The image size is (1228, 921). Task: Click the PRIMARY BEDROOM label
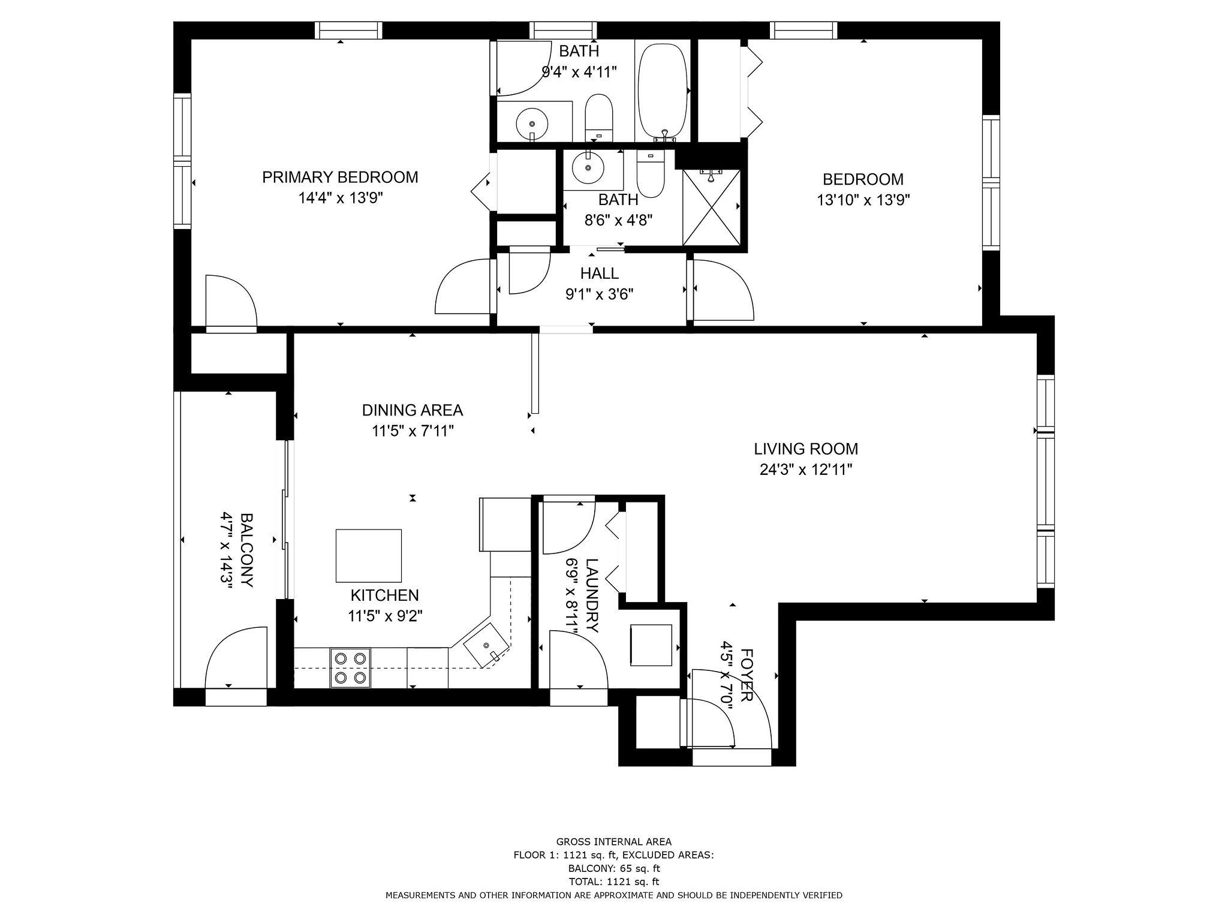click(340, 177)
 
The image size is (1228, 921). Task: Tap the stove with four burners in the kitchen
click(350, 668)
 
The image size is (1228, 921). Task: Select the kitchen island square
click(368, 555)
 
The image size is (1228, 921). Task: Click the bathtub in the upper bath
click(663, 90)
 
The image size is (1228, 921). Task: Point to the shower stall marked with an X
click(711, 207)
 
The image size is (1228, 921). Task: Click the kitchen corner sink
click(487, 645)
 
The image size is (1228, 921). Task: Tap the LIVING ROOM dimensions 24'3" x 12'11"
click(806, 469)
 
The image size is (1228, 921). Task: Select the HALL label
click(599, 273)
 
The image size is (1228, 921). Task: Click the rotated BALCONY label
click(247, 550)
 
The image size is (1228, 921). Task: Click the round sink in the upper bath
click(531, 124)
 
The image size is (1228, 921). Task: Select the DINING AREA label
click(412, 410)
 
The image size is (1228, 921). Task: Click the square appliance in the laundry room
click(651, 645)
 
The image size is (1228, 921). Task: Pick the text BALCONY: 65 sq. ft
click(614, 868)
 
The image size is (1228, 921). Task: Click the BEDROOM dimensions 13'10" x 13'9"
click(863, 200)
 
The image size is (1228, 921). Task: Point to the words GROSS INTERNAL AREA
click(614, 842)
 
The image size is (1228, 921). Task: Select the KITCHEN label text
click(384, 595)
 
